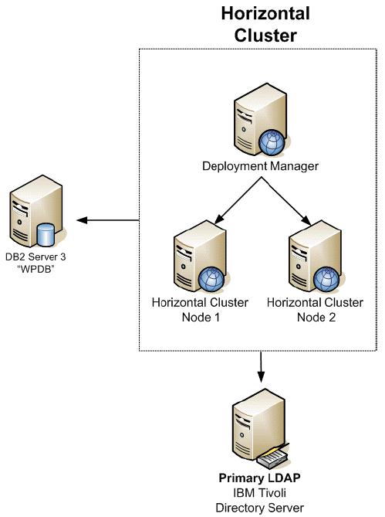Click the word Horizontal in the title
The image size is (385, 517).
pos(265,14)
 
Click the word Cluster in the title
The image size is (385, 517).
pos(265,35)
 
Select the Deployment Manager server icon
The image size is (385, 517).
pos(259,120)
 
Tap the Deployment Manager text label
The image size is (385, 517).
pos(260,166)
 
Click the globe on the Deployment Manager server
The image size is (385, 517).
pos(272,143)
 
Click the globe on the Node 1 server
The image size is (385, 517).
pos(211,279)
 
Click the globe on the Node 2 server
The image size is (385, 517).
pos(326,279)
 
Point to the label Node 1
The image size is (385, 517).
pos(201,317)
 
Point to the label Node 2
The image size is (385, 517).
pos(316,317)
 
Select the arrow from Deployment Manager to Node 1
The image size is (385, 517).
pos(238,200)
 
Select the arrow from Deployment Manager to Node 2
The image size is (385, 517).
pos(286,201)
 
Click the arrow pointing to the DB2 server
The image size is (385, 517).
pos(107,220)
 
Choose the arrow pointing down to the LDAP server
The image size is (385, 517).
pos(261,367)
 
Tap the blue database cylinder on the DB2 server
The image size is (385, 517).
pos(46,235)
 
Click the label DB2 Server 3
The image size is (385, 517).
pos(35,257)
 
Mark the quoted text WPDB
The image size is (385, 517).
pos(35,269)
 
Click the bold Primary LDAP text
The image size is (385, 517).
pos(260,478)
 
